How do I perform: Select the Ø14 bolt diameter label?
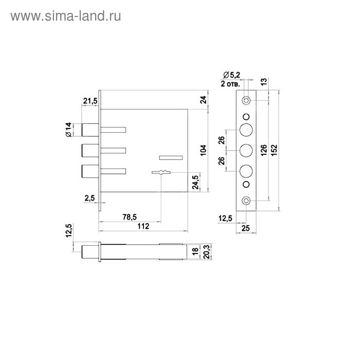tap(71, 130)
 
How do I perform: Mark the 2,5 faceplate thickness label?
tap(89, 198)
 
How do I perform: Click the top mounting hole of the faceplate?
tap(247, 100)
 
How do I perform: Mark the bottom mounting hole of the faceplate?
tap(247, 201)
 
